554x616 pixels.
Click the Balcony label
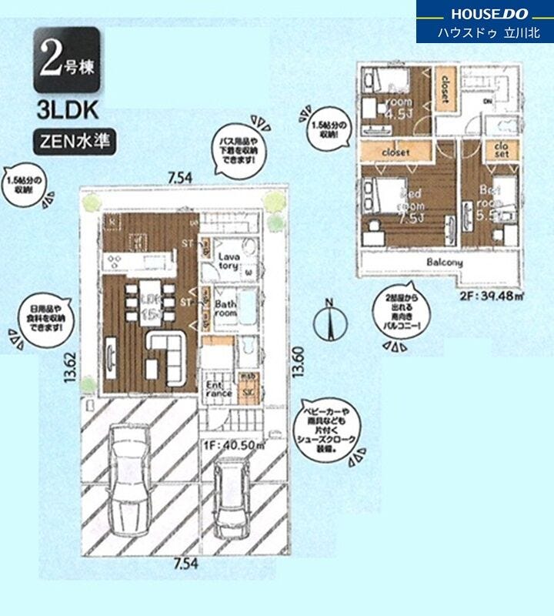click(444, 263)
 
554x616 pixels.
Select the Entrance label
click(219, 389)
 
